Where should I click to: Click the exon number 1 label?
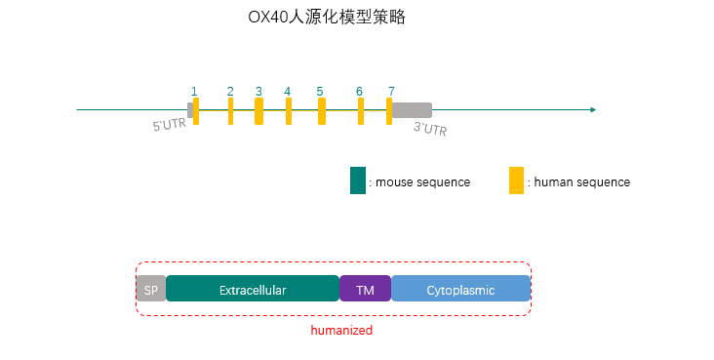pyautogui.click(x=194, y=91)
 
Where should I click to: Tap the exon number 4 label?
pyautogui.click(x=288, y=91)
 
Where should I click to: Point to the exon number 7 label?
pyautogui.click(x=390, y=91)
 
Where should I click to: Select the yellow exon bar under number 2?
pyautogui.click(x=230, y=110)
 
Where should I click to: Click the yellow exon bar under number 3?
pyautogui.click(x=258, y=110)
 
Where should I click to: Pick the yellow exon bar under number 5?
pyautogui.click(x=321, y=110)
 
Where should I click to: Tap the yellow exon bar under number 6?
pyautogui.click(x=361, y=110)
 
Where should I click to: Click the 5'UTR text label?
pyautogui.click(x=169, y=126)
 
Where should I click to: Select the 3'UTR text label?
pyautogui.click(x=430, y=128)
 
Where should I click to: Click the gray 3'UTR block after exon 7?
pyautogui.click(x=412, y=110)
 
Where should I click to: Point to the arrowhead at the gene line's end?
pyautogui.click(x=591, y=109)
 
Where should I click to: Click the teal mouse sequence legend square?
pyautogui.click(x=357, y=180)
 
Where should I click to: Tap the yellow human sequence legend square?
pyautogui.click(x=516, y=180)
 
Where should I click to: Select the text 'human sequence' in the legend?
pyautogui.click(x=582, y=182)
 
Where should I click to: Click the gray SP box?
pyautogui.click(x=150, y=289)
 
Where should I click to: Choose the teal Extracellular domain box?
pyautogui.click(x=252, y=289)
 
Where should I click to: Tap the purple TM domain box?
pyautogui.click(x=365, y=289)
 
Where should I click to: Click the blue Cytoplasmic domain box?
pyautogui.click(x=460, y=289)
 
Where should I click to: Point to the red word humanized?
pyautogui.click(x=341, y=331)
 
